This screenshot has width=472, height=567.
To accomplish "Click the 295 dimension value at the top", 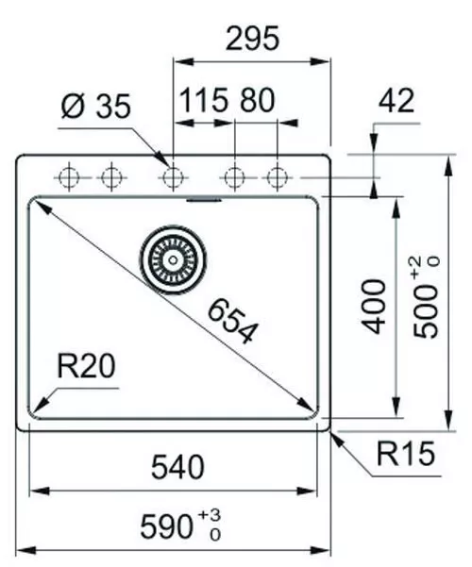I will (251, 39).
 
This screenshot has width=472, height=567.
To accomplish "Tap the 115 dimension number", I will (203, 101).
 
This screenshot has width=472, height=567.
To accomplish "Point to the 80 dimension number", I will (257, 101).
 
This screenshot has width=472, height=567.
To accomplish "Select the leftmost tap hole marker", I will (70, 176).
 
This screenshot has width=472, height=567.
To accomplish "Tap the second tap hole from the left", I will (111, 176).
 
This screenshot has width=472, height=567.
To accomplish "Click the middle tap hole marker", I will (173, 176).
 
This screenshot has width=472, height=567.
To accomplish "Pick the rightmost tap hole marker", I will (276, 176).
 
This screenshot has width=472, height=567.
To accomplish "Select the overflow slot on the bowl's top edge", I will (204, 200).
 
